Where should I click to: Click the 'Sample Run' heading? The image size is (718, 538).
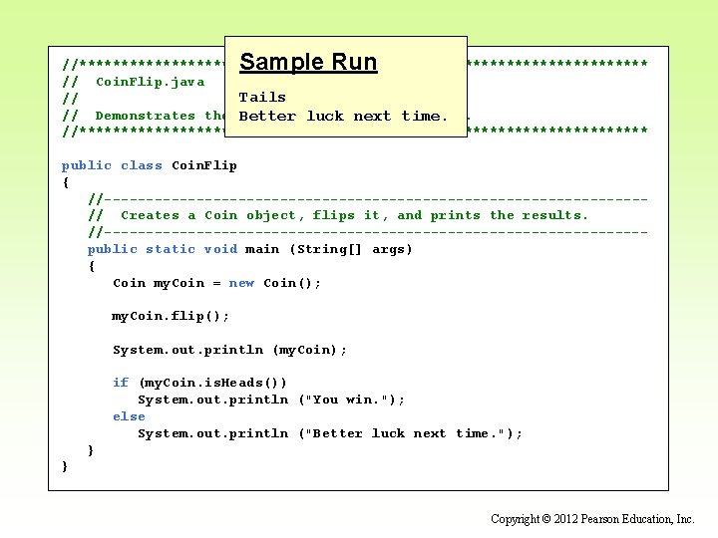pyautogui.click(x=308, y=62)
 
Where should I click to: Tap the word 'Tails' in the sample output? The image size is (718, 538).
pyautogui.click(x=262, y=98)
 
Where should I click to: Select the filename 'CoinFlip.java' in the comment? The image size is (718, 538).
pyautogui.click(x=150, y=82)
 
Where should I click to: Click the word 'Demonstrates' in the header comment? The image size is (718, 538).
pyautogui.click(x=145, y=116)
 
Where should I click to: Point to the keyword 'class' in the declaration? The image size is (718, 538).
pyautogui.click(x=142, y=165)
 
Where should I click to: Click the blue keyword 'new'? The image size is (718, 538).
pyautogui.click(x=241, y=283)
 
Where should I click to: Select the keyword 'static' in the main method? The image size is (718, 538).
pyautogui.click(x=171, y=249)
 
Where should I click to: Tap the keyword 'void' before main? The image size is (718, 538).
pyautogui.click(x=220, y=249)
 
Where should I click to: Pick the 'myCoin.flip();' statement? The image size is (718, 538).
pyautogui.click(x=171, y=316)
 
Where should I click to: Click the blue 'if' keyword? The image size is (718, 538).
pyautogui.click(x=121, y=383)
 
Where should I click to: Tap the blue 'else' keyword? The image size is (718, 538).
pyautogui.click(x=129, y=416)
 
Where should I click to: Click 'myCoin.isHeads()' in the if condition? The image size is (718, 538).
pyautogui.click(x=212, y=383)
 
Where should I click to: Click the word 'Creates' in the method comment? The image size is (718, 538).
pyautogui.click(x=150, y=215)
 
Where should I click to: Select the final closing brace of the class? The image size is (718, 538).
pyautogui.click(x=66, y=466)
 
